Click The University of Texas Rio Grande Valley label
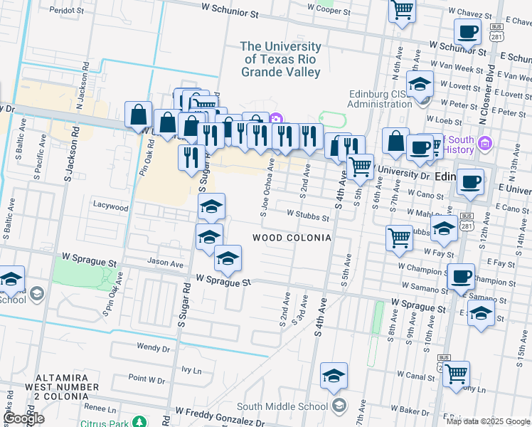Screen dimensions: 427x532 tap(281, 59)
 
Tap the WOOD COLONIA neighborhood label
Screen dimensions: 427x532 tap(292, 238)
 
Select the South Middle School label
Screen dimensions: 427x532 tap(282, 406)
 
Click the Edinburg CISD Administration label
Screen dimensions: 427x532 tap(390, 99)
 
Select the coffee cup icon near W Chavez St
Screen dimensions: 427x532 tap(467, 32)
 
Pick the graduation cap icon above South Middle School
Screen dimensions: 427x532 tap(334, 376)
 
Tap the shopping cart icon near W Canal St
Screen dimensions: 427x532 tap(456, 373)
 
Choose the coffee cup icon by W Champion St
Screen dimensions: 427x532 tap(460, 275)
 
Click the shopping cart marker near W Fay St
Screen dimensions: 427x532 tap(399, 238)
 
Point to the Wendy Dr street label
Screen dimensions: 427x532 tap(154, 348)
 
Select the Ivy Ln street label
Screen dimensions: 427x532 tap(191, 370)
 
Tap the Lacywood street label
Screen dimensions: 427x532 tap(110, 207)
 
